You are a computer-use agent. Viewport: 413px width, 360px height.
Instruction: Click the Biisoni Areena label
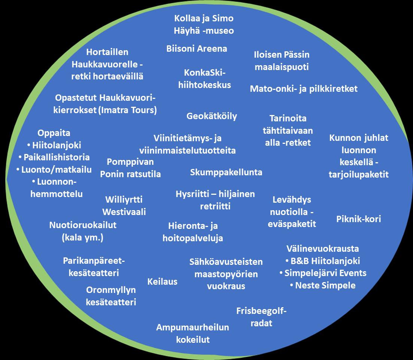pos(197,49)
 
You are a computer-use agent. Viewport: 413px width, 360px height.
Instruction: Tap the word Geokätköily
pos(212,116)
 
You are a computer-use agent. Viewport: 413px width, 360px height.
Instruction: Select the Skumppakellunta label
pos(226,172)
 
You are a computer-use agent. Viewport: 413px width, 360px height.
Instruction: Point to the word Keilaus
pos(163,282)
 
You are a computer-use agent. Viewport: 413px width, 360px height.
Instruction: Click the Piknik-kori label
pos(359,219)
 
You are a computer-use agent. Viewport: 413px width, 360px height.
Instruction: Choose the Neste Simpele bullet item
pos(325,285)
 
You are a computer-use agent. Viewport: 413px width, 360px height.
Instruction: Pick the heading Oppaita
pos(54,133)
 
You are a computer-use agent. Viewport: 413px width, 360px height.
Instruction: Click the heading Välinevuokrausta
pos(322,248)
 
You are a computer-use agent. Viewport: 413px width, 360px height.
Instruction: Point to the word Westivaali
pos(124,212)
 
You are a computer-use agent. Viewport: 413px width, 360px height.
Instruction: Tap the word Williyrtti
pos(124,200)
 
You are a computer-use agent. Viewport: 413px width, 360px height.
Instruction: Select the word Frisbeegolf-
pos(261,311)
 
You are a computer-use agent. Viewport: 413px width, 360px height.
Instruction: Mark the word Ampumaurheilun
pos(192,327)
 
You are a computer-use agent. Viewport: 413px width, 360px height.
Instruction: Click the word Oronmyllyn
pos(111,290)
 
